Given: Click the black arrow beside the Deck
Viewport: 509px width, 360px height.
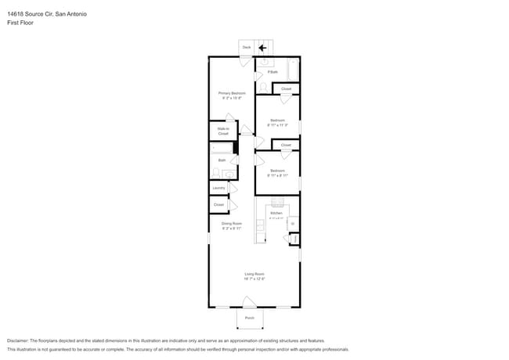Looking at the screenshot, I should click(262, 47).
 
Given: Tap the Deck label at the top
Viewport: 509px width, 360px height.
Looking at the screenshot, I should click(246, 47).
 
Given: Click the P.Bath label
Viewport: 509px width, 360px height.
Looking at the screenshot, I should click(273, 72).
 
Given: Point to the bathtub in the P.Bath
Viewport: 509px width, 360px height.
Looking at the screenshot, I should click(293, 70).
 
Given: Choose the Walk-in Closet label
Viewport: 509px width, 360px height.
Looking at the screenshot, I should click(222, 131).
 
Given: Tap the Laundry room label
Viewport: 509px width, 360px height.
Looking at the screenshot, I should click(218, 188).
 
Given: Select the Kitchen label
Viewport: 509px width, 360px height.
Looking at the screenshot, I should click(276, 213).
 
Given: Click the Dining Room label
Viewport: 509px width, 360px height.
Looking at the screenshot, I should click(231, 224).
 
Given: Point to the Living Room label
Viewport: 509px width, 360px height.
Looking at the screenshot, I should click(254, 274).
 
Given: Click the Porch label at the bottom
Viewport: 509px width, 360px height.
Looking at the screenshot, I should click(250, 318).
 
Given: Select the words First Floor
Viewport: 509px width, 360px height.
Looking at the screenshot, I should click(20, 23).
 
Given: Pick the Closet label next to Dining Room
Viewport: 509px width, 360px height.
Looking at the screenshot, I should click(218, 205).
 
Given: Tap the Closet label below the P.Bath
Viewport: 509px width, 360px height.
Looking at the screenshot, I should click(286, 89).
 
